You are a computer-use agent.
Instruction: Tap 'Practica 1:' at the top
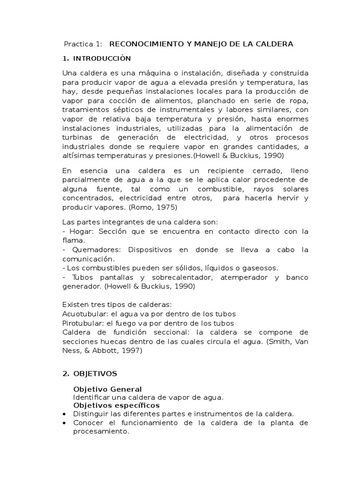pos(82,44)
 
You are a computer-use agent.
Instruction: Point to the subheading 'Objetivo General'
pos(108,390)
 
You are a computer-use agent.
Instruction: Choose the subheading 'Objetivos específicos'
pos(116,405)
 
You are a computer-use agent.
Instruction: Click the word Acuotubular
pos(82,314)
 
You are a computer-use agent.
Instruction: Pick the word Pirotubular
pos(80,323)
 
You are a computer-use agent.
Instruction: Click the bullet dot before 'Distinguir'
pos(64,414)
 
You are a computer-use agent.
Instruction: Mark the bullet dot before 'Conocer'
pos(64,423)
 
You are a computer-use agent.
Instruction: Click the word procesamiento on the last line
pos(100,432)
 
